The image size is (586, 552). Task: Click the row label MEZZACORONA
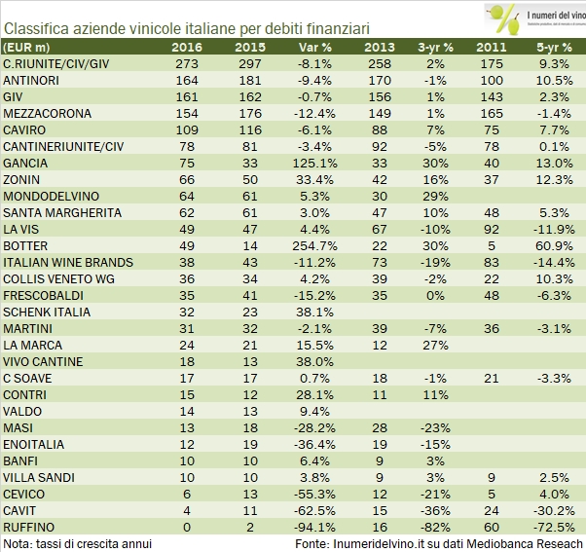click(45, 112)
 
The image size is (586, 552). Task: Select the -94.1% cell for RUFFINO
click(307, 526)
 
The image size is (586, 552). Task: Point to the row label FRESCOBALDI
click(43, 294)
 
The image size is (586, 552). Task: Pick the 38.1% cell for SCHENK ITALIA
click(309, 311)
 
